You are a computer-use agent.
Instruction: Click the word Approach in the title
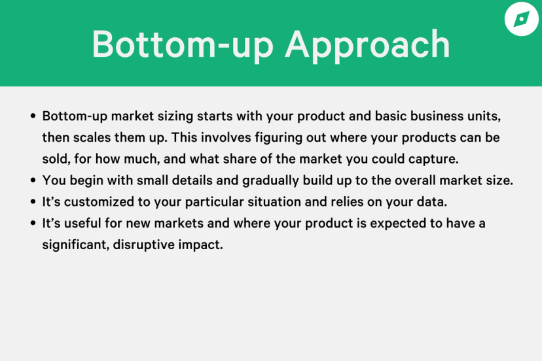point(367,45)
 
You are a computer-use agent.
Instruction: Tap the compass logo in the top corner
point(522,19)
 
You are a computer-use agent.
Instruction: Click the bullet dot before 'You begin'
point(33,180)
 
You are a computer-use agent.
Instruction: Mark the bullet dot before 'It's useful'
point(33,223)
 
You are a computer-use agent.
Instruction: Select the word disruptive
point(144,245)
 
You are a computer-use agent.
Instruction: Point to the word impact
point(200,245)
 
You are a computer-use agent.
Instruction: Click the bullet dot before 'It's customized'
point(33,201)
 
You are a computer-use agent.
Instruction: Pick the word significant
point(76,245)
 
